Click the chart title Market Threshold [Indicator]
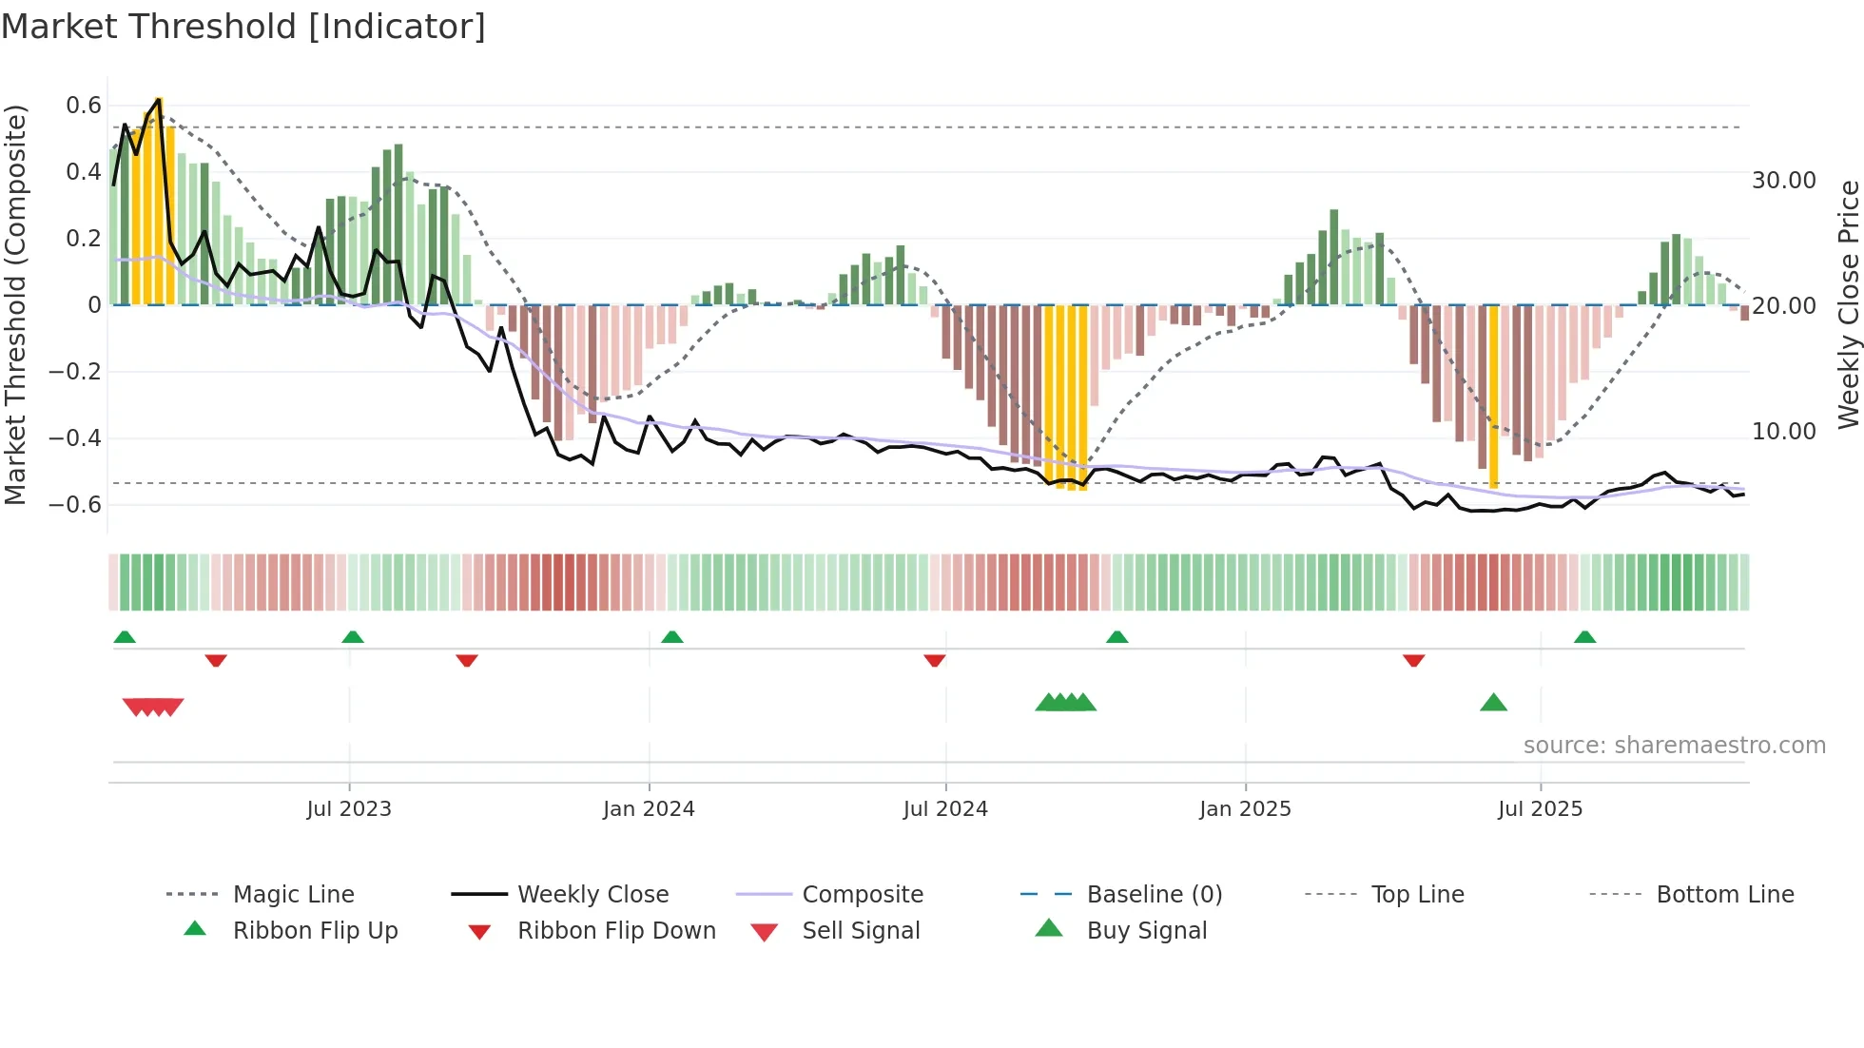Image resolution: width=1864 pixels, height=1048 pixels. pos(243,27)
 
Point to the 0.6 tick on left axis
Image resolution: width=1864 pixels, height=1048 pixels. pos(83,106)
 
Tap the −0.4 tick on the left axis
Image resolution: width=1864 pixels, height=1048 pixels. pos(75,438)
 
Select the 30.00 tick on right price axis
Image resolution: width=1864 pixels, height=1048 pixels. pos(1784,181)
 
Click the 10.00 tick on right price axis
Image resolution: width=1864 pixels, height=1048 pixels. pos(1784,432)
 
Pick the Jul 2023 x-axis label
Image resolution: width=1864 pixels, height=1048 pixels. pos(349,809)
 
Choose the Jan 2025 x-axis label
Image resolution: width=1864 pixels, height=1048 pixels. pos(1245,809)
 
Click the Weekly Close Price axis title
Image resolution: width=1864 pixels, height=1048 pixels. pos(1848,304)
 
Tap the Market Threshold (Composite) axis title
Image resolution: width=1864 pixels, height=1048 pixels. pos(15,304)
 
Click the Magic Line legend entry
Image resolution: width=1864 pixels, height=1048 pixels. pos(293,895)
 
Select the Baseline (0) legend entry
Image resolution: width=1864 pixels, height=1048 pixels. pos(1154,895)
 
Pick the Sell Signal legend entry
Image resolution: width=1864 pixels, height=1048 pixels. pos(861,931)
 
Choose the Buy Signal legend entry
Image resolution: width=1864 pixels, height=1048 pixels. pos(1146,931)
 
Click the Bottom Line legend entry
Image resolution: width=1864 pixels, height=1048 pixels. pos(1724,895)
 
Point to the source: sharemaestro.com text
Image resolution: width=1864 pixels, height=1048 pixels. pos(1674,746)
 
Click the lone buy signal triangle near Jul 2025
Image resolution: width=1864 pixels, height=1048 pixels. pos(1493,703)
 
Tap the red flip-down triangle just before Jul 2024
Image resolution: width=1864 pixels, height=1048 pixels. pos(935,660)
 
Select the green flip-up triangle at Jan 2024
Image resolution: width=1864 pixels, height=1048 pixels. pos(672,637)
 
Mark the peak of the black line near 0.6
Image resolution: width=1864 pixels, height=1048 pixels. pos(158,99)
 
